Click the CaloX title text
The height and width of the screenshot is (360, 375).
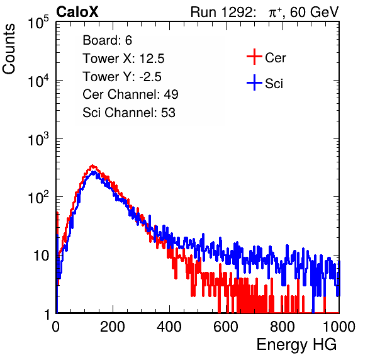77,12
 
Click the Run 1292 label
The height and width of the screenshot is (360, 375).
221,12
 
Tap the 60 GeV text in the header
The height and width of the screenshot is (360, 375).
315,12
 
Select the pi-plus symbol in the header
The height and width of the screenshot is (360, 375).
275,12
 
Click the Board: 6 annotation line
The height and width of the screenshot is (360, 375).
107,40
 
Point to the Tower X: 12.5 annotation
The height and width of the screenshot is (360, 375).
123,59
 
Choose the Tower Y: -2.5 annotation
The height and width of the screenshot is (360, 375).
122,77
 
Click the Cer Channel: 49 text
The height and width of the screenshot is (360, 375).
130,94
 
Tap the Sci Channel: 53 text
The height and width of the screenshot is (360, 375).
129,113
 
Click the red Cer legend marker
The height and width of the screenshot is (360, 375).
254,57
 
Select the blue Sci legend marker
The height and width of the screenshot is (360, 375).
254,83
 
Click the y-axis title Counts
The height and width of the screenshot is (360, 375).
9,48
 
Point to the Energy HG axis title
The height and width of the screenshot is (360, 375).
296,345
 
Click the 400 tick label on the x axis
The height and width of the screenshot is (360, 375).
169,327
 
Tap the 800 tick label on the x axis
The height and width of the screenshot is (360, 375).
283,327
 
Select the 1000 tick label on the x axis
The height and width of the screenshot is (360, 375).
339,327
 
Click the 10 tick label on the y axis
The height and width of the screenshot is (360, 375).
41,256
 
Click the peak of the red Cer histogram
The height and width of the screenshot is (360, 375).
92,166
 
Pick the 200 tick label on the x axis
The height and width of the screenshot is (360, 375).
113,327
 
